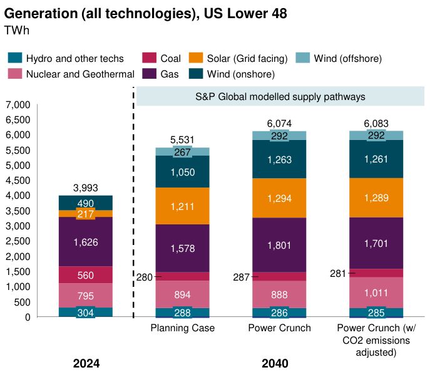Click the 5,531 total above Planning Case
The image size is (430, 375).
(183, 141)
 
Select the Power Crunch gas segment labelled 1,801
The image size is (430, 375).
(279, 245)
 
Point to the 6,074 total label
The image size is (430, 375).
(279, 124)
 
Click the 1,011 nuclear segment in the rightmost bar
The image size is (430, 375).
(376, 292)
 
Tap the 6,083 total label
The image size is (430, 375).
(376, 124)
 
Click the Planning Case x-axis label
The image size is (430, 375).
(183, 329)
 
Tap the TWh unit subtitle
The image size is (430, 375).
(18, 30)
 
